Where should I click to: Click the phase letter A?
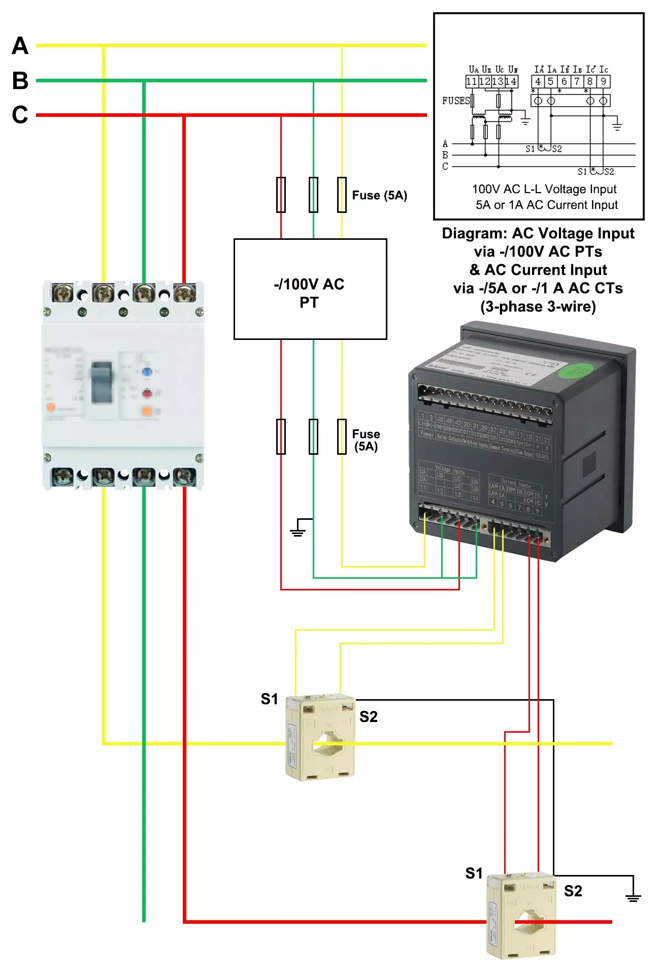coord(20,46)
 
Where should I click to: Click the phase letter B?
coord(20,80)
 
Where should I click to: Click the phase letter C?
coord(20,115)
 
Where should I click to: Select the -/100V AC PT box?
coord(310,289)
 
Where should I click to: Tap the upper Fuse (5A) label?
coord(379,196)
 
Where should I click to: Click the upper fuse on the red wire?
coord(281,195)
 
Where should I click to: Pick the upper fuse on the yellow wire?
coord(342,195)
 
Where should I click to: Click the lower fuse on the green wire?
coord(313,436)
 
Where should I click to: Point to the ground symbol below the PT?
coord(298,530)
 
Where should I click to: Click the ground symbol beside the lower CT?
coord(633,897)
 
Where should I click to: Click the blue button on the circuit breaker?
coord(147,371)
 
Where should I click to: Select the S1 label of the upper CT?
coord(269,699)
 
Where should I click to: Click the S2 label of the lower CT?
coord(573,891)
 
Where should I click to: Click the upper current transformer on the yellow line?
coord(320,737)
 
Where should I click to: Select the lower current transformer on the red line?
coord(521,916)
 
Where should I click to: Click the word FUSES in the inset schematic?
coord(455,101)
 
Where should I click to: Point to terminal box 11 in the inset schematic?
coord(471,81)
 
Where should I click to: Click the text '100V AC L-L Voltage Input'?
coord(544,189)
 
